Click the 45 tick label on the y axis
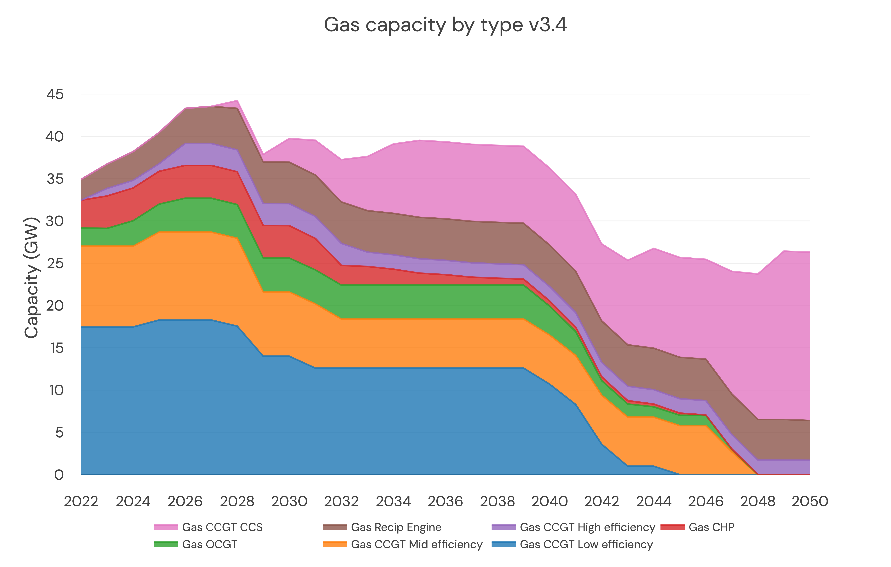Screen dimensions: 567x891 click(x=55, y=94)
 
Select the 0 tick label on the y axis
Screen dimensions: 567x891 click(x=59, y=475)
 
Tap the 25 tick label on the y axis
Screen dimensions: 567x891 click(x=55, y=264)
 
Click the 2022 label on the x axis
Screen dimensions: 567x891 click(x=81, y=502)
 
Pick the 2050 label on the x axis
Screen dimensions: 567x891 click(x=810, y=502)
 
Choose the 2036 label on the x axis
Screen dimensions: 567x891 click(x=445, y=502)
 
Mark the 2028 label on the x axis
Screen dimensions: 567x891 click(x=237, y=502)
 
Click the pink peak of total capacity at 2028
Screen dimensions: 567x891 click(x=237, y=101)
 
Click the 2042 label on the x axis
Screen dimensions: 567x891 click(x=602, y=502)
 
